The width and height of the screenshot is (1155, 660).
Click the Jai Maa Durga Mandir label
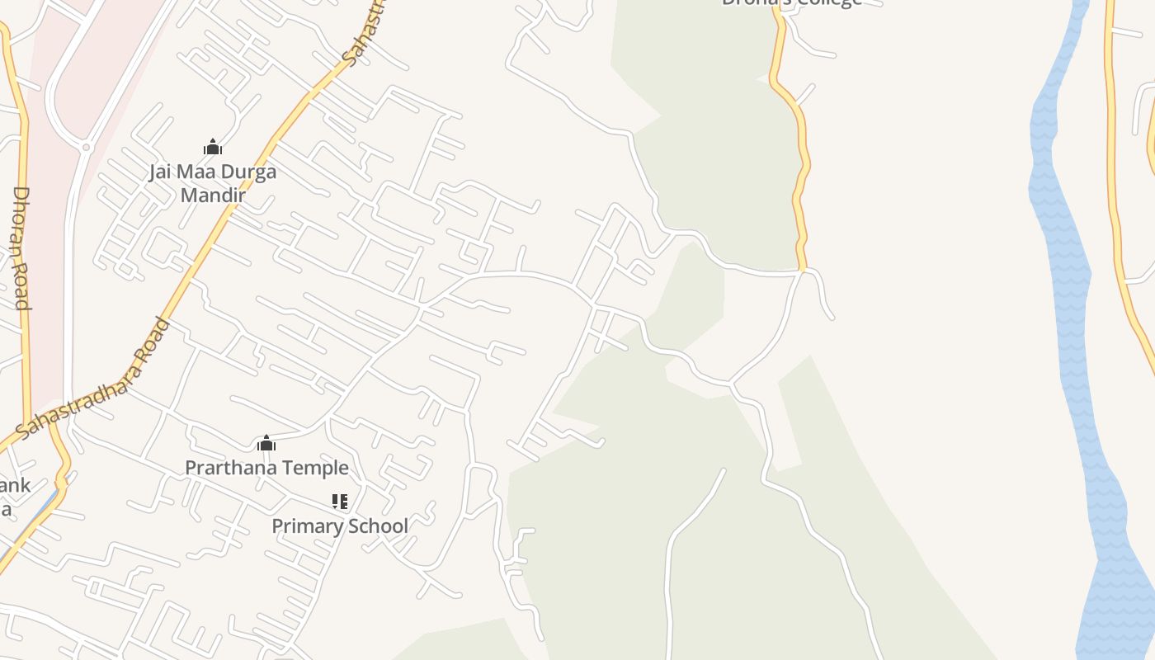tap(213, 183)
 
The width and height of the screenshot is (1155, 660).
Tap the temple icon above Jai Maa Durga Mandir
tap(213, 148)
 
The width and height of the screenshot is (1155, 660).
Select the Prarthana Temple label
tap(266, 468)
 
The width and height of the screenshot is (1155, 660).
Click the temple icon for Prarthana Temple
tap(266, 444)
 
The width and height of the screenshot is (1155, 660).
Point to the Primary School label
tap(340, 526)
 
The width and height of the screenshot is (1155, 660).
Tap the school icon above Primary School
tap(339, 502)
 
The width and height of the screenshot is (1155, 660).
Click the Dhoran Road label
tap(21, 247)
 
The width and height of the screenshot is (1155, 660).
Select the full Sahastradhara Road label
tap(92, 379)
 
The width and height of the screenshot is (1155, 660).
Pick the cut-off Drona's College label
tap(791, 3)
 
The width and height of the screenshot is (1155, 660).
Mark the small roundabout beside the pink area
tap(86, 147)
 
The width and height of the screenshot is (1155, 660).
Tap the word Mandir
tap(213, 196)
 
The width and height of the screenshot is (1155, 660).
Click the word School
tap(379, 526)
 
